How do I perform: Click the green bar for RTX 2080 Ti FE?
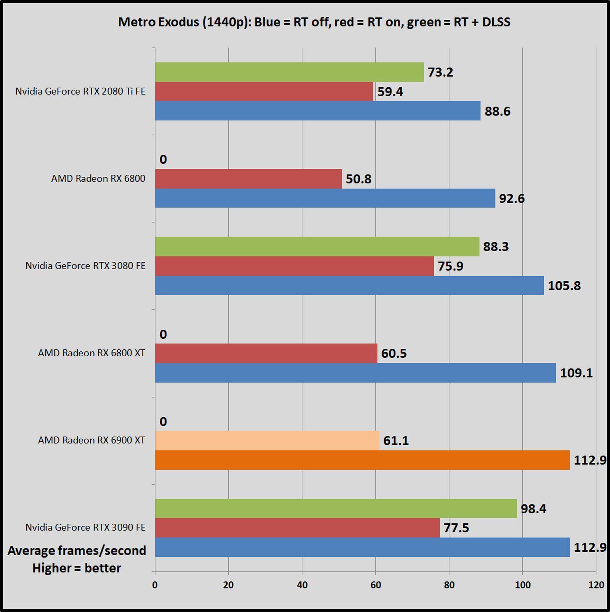pos(289,72)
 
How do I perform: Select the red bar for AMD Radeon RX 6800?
pos(248,179)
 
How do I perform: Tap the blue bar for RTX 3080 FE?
pos(349,285)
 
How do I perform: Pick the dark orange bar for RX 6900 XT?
pos(362,460)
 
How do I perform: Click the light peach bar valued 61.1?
pos(267,441)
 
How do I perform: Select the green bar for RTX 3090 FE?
pos(335,508)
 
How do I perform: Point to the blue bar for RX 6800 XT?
pos(355,373)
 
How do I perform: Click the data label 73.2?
pos(440,72)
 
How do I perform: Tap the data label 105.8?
pos(564,285)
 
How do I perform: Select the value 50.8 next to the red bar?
pos(358,179)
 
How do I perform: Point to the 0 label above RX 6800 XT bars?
pos(163,334)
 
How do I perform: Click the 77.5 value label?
pos(456,528)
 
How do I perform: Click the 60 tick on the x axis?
pos(376,585)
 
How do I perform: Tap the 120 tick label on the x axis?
pos(596,585)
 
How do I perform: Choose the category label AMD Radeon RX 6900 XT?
pos(91,440)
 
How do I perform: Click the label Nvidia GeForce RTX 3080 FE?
pos(85,266)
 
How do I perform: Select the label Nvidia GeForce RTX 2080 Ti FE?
pos(80,91)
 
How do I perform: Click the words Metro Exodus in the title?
pos(158,22)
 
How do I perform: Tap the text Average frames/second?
pos(77,551)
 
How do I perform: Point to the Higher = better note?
pos(77,568)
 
